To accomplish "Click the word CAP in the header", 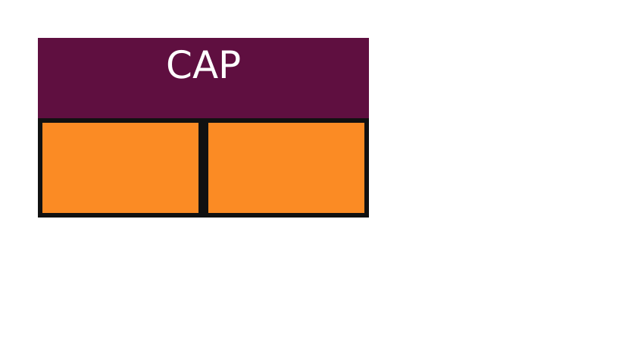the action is coord(203,64).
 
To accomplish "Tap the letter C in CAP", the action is coord(179,64).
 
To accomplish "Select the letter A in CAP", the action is coord(205,64).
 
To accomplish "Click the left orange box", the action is coord(120,167).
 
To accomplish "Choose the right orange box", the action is coord(286,167).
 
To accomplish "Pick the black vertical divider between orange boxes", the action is coord(203,167).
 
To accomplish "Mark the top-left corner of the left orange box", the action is coord(42,123).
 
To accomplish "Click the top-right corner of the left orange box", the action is coord(198,123).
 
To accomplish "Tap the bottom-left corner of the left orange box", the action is coord(42,213).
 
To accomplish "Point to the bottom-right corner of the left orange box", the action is coord(198,213).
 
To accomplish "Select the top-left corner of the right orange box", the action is coord(208,123).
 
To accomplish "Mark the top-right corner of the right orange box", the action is coord(364,123).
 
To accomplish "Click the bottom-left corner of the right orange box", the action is coord(208,213).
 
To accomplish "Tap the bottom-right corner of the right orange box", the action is coord(364,213).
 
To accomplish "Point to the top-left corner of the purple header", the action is coord(39,38).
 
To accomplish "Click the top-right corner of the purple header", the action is coord(369,38).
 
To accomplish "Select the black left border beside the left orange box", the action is coord(40,167).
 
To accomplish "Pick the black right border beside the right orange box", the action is coord(367,167).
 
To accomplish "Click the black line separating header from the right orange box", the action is coord(286,121).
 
